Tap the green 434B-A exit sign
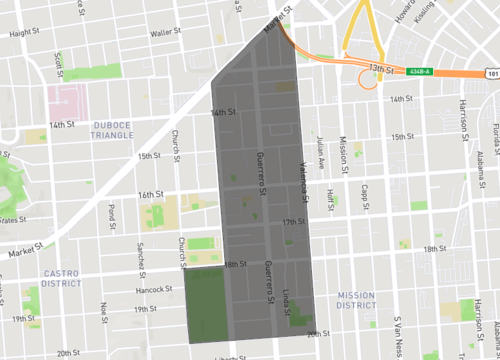[419, 70]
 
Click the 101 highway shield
[489, 73]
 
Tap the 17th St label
[294, 221]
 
